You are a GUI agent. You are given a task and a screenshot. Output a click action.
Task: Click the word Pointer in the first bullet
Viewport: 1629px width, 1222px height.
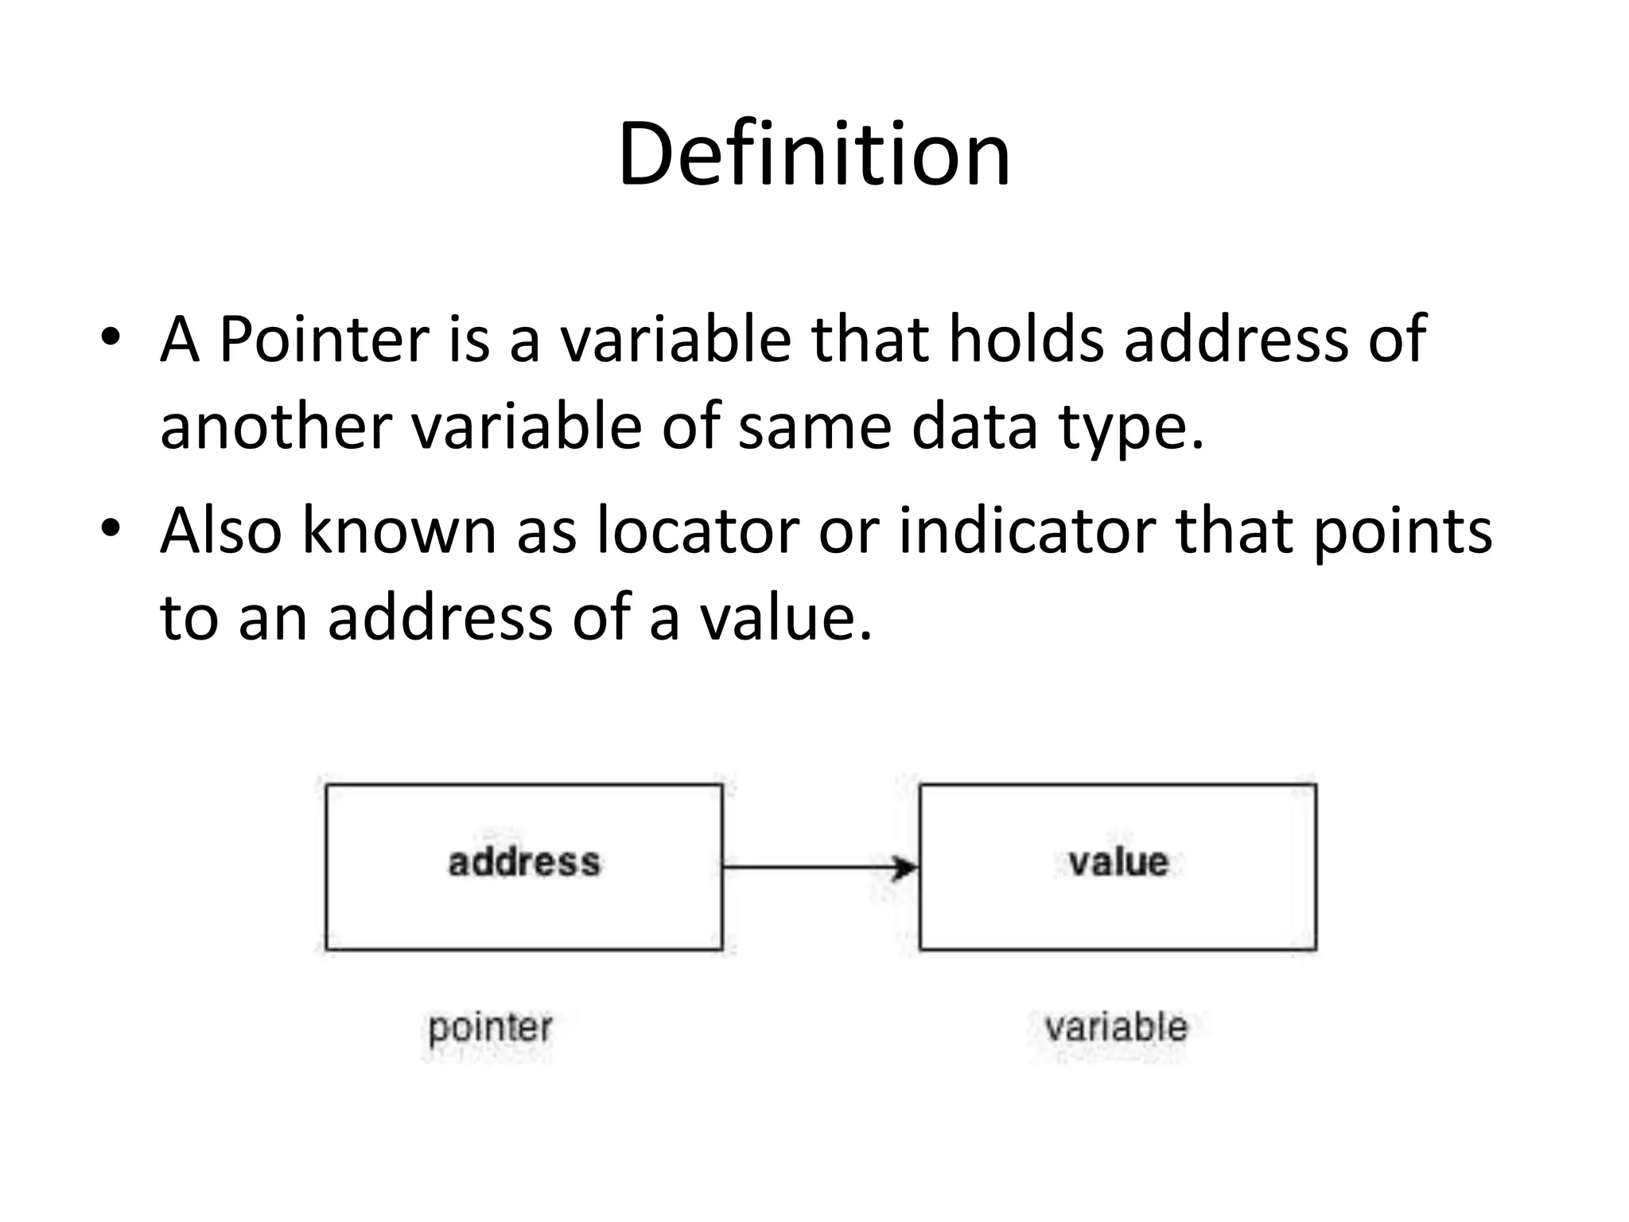click(x=323, y=340)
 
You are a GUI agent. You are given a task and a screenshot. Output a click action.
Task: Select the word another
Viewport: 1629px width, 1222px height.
click(x=275, y=426)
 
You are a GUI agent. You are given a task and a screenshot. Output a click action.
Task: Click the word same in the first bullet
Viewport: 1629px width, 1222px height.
click(x=814, y=426)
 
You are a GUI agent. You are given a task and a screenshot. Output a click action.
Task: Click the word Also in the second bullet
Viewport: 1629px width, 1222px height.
click(x=220, y=531)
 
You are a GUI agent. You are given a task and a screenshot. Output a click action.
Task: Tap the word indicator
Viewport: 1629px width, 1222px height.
click(x=1027, y=531)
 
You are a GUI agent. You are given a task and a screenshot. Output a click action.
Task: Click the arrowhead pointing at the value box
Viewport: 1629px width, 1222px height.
click(x=905, y=867)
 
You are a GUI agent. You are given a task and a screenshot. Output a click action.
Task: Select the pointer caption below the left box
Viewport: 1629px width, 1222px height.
click(x=490, y=1028)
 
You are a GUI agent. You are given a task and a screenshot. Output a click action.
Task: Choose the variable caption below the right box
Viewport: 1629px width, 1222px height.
click(x=1116, y=1027)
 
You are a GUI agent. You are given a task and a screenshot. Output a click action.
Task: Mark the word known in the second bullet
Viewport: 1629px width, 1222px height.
click(x=399, y=531)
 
